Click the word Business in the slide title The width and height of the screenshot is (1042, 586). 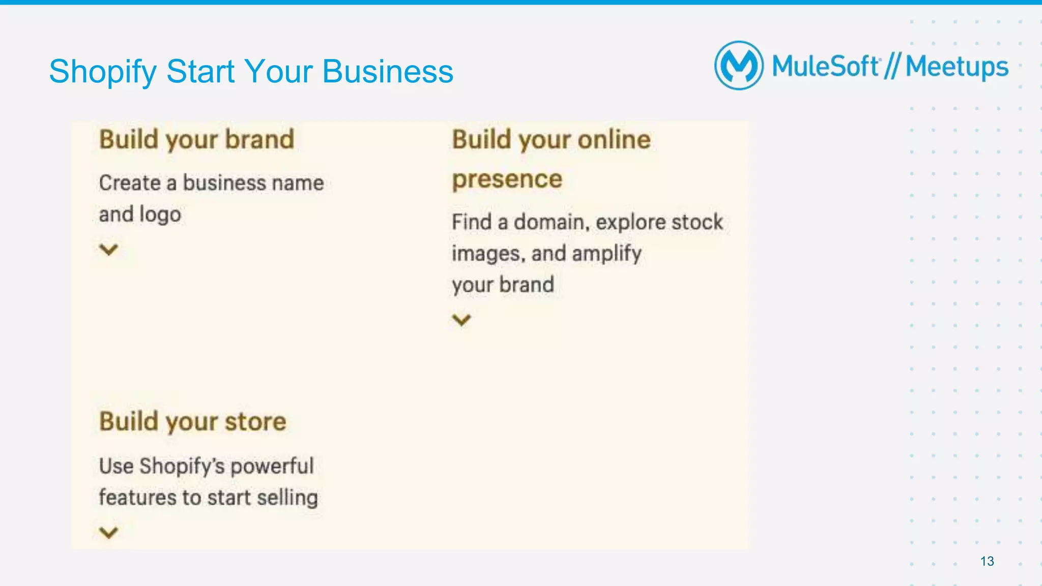click(x=388, y=72)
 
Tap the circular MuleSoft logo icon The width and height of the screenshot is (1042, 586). click(x=739, y=66)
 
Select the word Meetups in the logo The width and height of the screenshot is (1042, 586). click(x=957, y=67)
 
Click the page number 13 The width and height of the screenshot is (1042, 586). click(x=987, y=561)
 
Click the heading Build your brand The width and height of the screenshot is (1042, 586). click(x=197, y=139)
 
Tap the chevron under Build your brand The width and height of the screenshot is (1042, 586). click(x=108, y=250)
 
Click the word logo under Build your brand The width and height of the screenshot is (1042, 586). click(x=160, y=214)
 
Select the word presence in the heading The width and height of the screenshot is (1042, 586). click(x=507, y=179)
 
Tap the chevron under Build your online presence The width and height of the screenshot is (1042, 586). click(x=461, y=320)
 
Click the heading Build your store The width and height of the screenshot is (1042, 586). click(x=193, y=422)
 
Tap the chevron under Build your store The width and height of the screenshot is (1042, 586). click(x=108, y=532)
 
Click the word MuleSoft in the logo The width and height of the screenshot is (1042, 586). click(x=825, y=67)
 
